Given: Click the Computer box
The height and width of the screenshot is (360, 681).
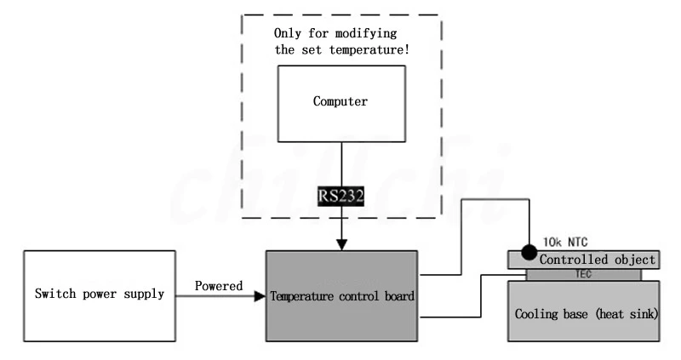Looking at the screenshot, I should (340, 102).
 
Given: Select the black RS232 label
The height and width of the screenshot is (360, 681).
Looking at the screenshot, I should (341, 196).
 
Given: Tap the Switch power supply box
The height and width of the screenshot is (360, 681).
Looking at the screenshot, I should (100, 296).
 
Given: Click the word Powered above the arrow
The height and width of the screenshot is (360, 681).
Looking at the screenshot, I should (218, 286).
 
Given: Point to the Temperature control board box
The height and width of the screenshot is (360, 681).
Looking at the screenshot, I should (341, 296).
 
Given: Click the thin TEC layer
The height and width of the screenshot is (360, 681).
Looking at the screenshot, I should (583, 274).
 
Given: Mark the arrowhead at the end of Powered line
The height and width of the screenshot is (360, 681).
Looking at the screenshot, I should (259, 296).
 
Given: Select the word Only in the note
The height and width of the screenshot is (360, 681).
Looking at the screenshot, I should (288, 33).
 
